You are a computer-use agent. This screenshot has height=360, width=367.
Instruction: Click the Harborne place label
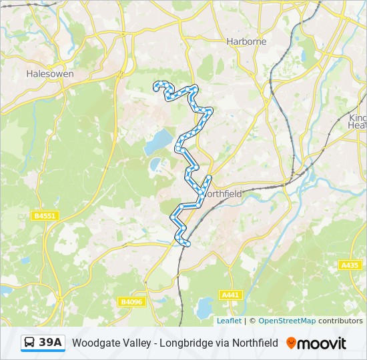point(246,41)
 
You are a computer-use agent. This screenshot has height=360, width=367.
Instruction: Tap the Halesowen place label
point(49,74)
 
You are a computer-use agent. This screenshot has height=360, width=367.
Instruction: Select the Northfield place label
point(222,193)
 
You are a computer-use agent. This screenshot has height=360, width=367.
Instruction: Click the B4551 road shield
point(45,215)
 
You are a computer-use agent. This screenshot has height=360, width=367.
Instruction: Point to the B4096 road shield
point(132,302)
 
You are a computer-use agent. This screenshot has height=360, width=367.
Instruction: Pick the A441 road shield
point(230,295)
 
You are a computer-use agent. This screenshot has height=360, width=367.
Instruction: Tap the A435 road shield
point(350,265)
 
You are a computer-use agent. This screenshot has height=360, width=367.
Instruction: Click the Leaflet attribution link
point(229,321)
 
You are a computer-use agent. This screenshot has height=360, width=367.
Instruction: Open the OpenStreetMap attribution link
point(287,321)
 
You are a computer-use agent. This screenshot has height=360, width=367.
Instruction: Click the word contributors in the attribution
point(340,321)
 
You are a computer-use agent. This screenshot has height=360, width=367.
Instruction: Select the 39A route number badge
point(51,343)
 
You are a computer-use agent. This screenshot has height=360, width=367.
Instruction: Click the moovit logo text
point(322,343)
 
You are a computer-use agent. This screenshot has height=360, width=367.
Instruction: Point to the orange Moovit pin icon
point(291,343)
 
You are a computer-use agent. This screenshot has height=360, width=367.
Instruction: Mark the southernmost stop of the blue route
point(188,245)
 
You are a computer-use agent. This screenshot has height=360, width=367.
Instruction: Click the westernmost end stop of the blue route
point(156,85)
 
